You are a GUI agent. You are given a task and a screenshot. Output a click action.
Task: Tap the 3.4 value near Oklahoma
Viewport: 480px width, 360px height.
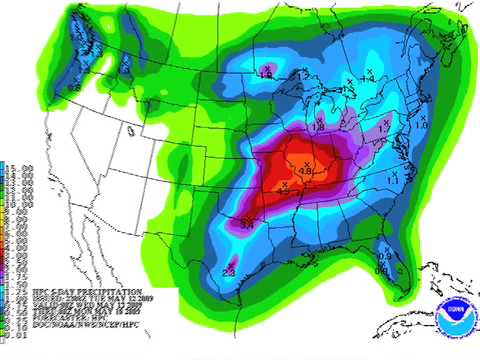click(x=249, y=221)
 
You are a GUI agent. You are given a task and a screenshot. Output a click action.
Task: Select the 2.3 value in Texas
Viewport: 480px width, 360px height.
click(x=229, y=272)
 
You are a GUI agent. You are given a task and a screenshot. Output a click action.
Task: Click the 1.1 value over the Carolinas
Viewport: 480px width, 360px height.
click(x=392, y=178)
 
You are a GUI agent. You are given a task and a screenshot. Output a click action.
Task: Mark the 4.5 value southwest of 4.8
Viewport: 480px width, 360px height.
click(x=285, y=187)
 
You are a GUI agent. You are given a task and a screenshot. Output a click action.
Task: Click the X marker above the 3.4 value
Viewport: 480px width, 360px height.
click(x=250, y=211)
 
